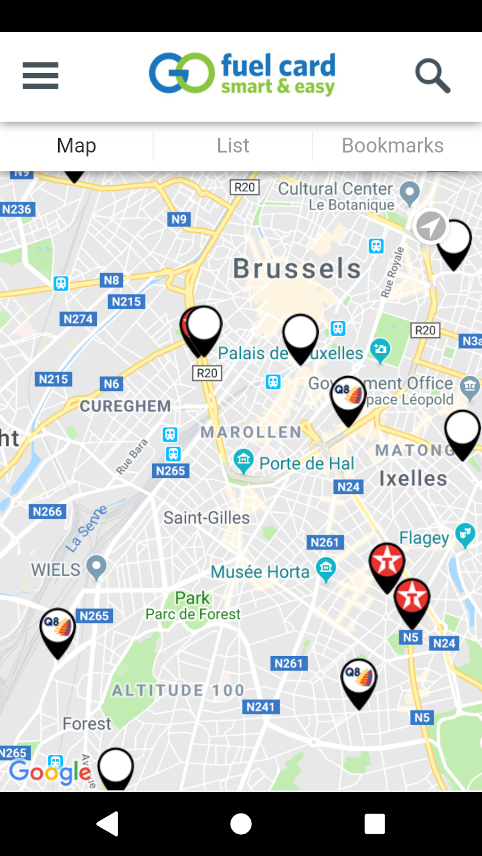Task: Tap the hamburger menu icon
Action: coord(41,76)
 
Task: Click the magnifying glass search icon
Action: coord(432,76)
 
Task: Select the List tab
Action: coord(233,145)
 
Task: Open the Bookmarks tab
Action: coord(393,145)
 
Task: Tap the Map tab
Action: coord(77,145)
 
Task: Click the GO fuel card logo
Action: coord(242,74)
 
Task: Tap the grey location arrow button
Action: coord(430,226)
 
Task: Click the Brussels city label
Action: coord(297,269)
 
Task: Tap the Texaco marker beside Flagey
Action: coord(387,563)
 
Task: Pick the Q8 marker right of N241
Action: coord(359,678)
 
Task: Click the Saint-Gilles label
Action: coord(207,518)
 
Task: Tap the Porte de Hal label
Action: coord(307,464)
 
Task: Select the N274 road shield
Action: coord(78,319)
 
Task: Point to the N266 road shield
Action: coord(47,512)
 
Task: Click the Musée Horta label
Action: coord(260,572)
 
